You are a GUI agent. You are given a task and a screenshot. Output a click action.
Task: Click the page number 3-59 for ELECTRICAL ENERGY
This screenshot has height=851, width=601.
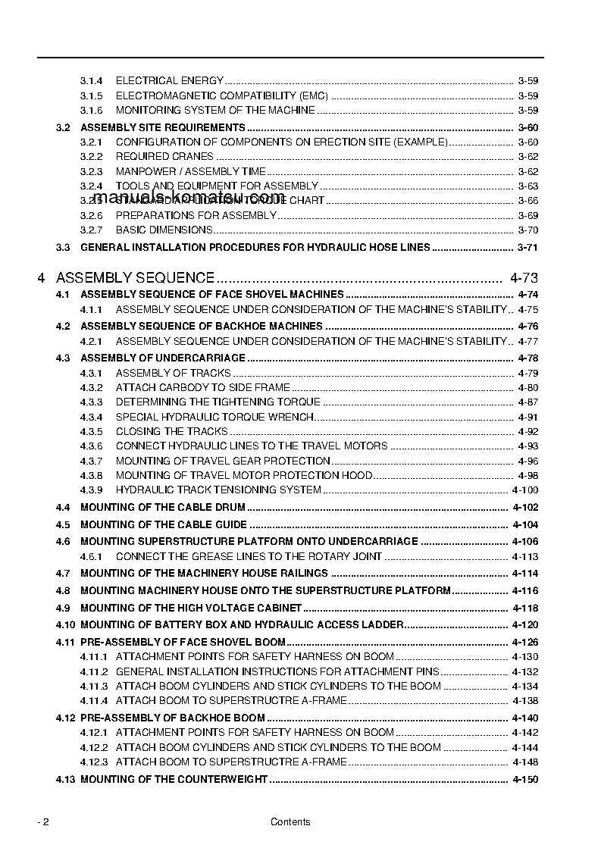click(x=528, y=80)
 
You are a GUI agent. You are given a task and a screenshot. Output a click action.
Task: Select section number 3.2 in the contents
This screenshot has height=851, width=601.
click(x=63, y=127)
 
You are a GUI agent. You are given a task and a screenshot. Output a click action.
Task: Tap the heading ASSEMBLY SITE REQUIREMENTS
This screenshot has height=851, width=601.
click(x=162, y=127)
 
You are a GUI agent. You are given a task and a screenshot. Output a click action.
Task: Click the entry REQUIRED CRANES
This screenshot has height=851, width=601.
click(x=164, y=157)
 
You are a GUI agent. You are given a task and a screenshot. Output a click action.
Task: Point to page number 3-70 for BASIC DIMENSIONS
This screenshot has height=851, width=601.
click(x=528, y=230)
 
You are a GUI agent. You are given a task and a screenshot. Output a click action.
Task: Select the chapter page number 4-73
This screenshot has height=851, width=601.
click(x=524, y=278)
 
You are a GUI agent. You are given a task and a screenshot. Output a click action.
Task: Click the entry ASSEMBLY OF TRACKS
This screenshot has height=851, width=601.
click(x=173, y=373)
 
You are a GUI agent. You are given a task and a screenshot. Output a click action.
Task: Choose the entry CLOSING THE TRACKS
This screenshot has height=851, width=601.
click(x=171, y=431)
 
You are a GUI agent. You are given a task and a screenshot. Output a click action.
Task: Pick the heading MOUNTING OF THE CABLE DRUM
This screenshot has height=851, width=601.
click(x=162, y=507)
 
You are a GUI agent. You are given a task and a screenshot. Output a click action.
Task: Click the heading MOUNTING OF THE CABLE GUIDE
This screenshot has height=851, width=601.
click(x=163, y=524)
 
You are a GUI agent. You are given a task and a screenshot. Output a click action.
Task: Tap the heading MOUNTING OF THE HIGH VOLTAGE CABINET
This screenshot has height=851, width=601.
click(x=191, y=608)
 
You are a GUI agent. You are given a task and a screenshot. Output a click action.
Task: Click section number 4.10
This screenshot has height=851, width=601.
click(x=65, y=624)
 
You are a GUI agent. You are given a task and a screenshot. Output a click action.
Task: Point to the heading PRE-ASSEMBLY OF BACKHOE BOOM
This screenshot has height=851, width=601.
click(x=172, y=718)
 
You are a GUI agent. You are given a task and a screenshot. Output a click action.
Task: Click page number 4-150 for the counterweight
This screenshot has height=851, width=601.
click(x=525, y=779)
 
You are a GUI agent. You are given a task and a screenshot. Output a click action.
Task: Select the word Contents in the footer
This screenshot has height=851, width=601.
click(x=290, y=822)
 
